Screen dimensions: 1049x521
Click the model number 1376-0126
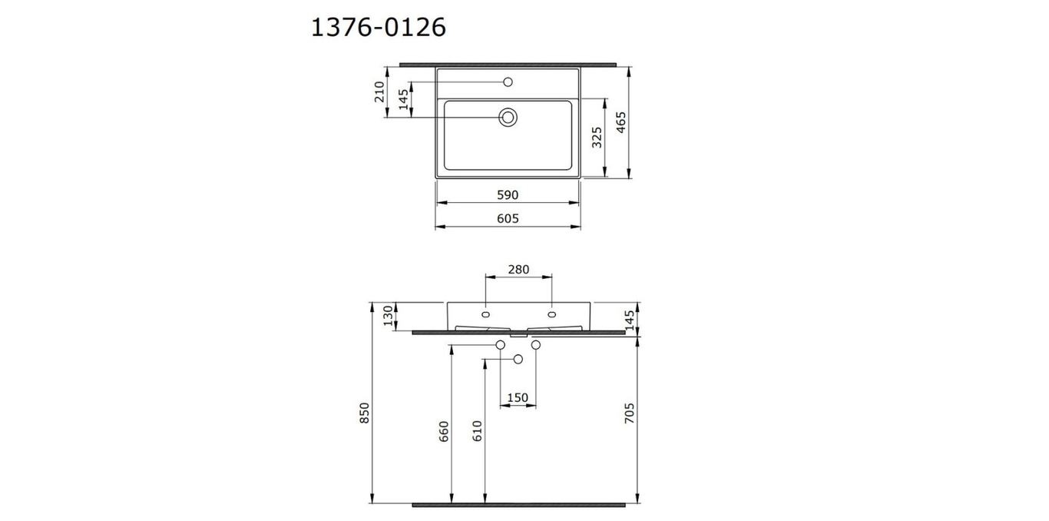coord(379,27)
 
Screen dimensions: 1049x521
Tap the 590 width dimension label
coord(508,195)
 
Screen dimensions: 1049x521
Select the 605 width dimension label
coord(508,219)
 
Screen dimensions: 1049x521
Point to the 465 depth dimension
coord(621,122)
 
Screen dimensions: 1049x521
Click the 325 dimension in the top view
coord(597,138)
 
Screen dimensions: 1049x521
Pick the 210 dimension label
coord(379,92)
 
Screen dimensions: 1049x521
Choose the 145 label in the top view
coord(403,99)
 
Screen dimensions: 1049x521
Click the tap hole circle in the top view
coord(508,82)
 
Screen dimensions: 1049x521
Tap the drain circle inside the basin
coord(508,117)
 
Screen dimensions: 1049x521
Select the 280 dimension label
coord(518,270)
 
